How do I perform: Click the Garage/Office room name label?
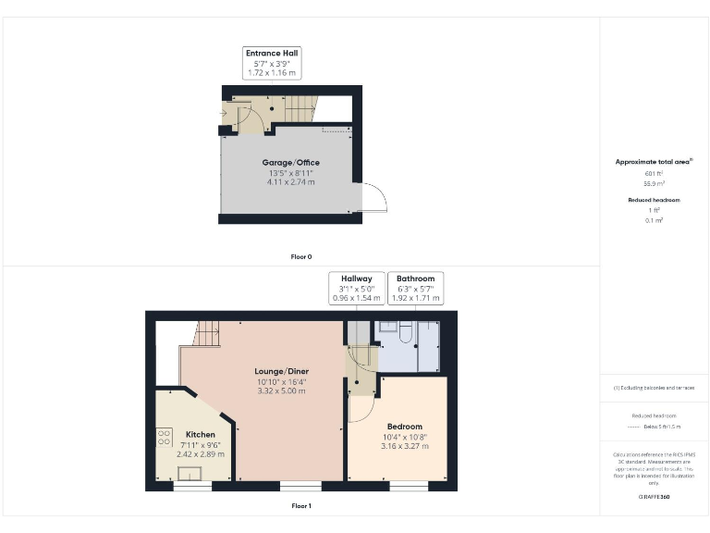coord(290,163)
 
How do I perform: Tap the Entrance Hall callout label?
coord(272,54)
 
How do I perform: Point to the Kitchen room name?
coord(201,434)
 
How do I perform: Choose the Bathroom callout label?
coord(415,279)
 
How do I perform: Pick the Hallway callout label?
coord(357,279)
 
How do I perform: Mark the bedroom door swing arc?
coord(361,407)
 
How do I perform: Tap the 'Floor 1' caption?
coord(301,506)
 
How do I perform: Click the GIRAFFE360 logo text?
coord(654,498)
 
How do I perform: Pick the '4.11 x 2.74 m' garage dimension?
coord(290,182)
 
